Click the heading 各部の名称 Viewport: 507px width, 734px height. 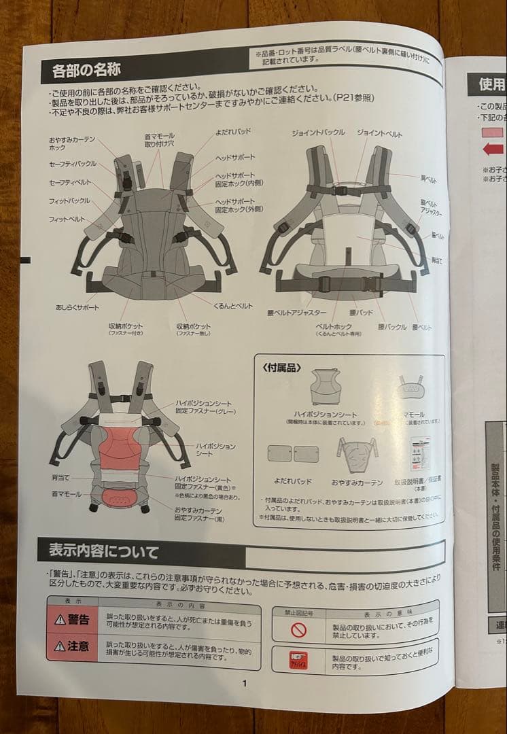81,70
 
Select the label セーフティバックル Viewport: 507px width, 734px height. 72,164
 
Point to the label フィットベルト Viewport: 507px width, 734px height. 67,220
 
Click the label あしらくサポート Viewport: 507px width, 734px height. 77,307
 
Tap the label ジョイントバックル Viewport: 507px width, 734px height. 319,133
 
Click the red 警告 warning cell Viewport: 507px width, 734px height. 73,620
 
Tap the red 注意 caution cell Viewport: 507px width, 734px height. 73,646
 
